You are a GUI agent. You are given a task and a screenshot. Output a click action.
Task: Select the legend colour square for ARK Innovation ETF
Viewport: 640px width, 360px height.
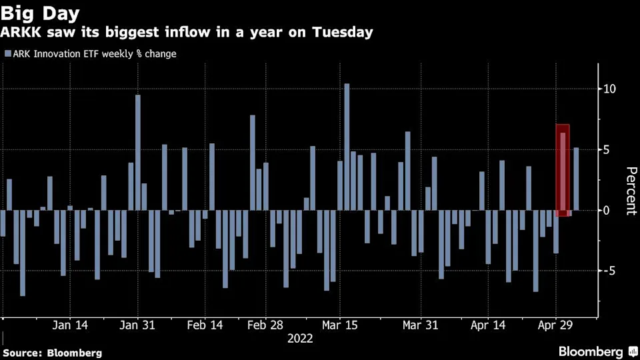coord(7,53)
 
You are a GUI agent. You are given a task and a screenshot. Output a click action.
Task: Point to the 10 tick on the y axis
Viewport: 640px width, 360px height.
coord(609,89)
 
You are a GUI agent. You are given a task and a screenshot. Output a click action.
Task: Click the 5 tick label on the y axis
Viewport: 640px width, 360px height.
coord(606,150)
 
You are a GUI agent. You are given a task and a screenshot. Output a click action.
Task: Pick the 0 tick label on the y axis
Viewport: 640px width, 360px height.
coord(606,211)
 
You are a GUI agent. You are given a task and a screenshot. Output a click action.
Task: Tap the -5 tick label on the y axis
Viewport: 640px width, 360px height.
coord(608,271)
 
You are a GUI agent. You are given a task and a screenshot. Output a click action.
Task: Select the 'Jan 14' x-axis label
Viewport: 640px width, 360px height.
coord(70,325)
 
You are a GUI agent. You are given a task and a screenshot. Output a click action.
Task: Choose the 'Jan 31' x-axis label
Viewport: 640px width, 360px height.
coord(138,325)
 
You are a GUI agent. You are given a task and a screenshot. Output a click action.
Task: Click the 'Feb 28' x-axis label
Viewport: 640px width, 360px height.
coord(266,325)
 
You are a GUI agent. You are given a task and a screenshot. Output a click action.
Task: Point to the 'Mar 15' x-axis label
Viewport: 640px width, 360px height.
coord(340,325)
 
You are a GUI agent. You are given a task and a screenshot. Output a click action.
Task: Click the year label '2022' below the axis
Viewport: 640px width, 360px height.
coord(300,339)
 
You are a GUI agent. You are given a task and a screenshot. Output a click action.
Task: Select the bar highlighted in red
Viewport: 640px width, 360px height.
coord(563,171)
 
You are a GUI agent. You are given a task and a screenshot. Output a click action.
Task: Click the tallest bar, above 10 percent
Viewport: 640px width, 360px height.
coord(347,147)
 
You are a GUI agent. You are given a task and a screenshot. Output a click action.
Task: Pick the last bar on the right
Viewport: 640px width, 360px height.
coord(576,179)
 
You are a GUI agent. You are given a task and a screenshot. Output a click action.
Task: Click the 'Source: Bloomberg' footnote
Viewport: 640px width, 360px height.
coord(53,352)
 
